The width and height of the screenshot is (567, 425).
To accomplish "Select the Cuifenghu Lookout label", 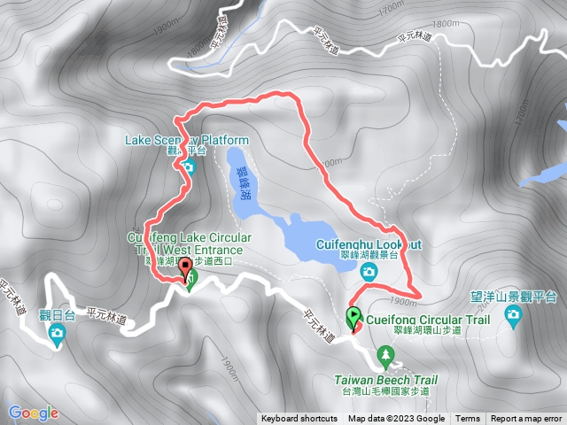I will click(369, 243).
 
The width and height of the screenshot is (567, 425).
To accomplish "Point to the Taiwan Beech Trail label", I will click(385, 380).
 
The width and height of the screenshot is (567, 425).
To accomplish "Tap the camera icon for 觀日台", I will click(58, 334).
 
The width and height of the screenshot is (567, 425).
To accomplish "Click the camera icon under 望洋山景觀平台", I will click(513, 316).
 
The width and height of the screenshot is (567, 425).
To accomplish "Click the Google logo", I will click(33, 413).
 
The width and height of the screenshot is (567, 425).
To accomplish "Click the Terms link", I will click(468, 419).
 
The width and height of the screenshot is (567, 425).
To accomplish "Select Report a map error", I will click(527, 419).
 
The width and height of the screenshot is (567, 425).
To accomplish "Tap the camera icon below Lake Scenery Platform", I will click(188, 166).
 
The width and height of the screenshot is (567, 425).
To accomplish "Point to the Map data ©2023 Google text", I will click(396, 419).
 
